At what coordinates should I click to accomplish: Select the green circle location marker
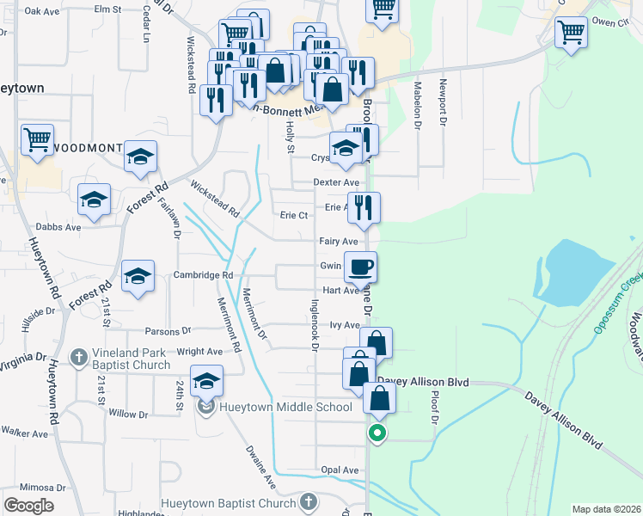tap(377, 434)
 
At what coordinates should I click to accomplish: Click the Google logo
tap(29, 506)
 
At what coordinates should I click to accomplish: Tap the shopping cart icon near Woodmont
tap(37, 139)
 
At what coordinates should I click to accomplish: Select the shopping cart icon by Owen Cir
tap(571, 33)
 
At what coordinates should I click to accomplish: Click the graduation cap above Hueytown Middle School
tap(206, 379)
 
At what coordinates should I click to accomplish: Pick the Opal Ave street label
tap(340, 470)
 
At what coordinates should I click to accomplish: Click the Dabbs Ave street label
tap(58, 228)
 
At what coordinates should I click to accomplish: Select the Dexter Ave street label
tap(335, 182)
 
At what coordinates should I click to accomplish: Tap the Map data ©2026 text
tap(606, 509)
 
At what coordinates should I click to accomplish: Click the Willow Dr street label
tap(129, 414)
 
